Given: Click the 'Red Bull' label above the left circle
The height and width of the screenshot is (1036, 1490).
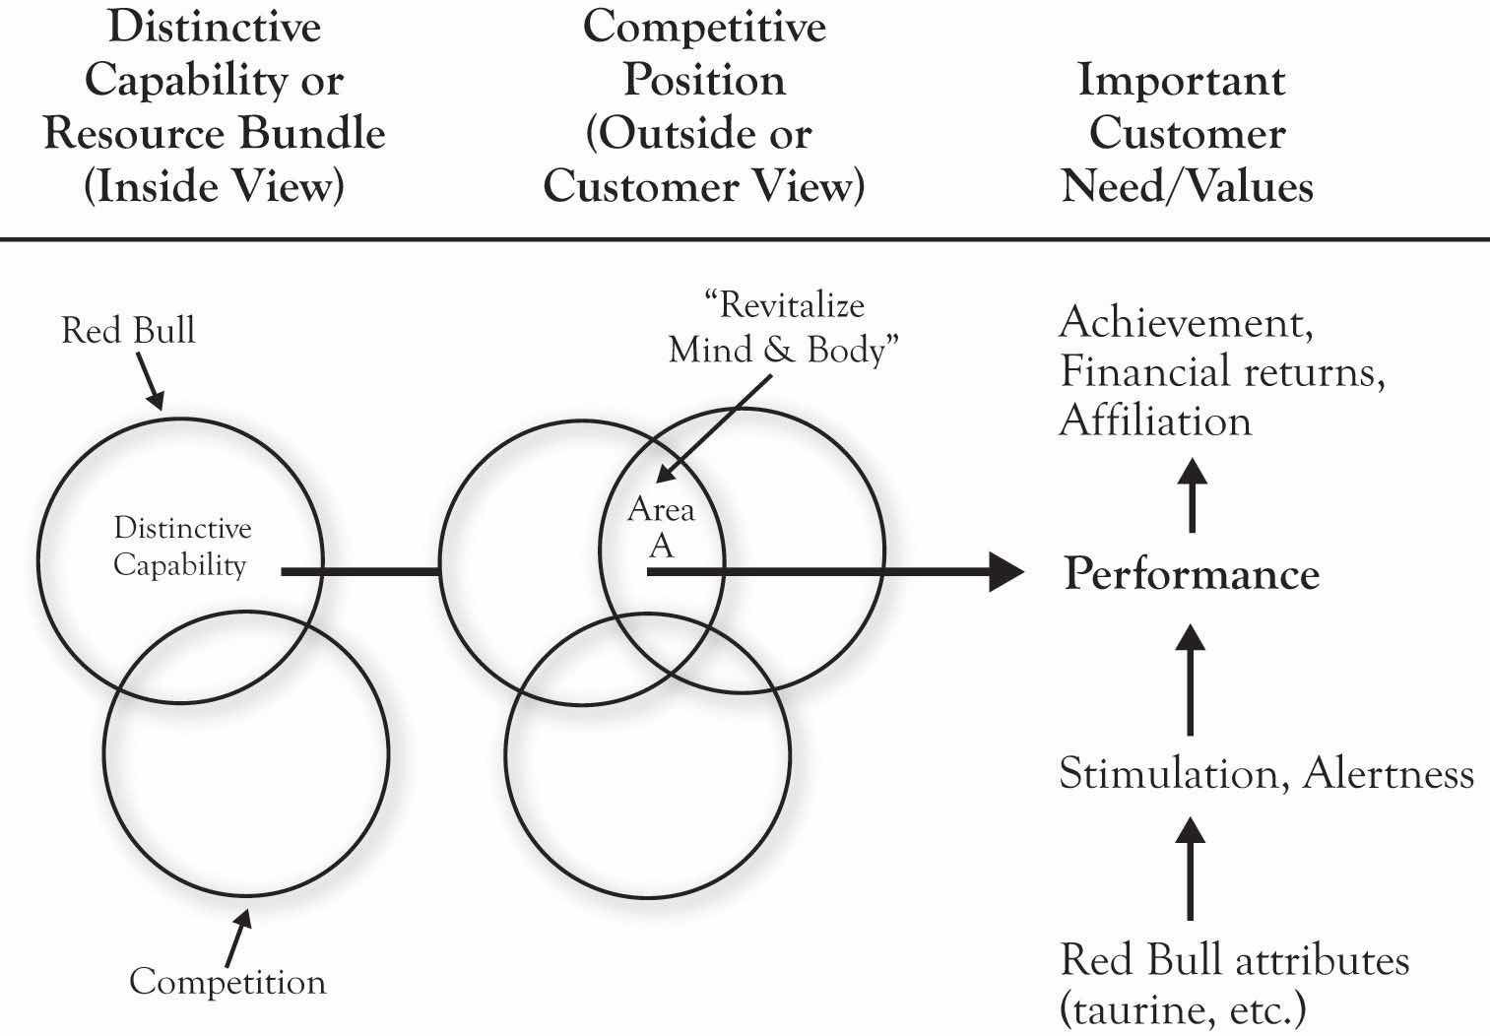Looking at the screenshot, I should tap(128, 330).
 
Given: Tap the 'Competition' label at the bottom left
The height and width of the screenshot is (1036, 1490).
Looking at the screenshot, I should tap(227, 982).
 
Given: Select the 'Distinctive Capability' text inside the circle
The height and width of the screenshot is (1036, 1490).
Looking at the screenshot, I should tap(181, 547).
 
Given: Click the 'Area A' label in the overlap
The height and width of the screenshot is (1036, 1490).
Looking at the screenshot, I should tap(661, 527).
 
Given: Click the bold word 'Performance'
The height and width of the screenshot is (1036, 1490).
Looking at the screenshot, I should tap(1192, 574).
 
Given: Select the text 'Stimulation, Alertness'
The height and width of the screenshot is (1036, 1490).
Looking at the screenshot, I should tap(1266, 774).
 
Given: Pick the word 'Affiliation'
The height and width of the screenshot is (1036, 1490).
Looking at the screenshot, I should tap(1155, 421).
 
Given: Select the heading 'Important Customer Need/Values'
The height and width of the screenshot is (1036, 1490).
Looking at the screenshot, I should tap(1187, 134).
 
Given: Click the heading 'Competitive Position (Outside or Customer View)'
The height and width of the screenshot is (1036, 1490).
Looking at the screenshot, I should tap(704, 106).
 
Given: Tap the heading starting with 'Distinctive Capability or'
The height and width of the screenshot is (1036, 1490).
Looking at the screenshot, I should tap(214, 106).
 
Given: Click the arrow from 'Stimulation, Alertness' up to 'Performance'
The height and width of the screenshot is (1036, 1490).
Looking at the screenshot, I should tap(1191, 680).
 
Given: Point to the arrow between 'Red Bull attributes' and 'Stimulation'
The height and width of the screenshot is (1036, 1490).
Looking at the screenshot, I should tap(1191, 867).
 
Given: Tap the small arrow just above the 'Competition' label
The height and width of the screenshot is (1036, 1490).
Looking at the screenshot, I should tap(236, 936).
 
